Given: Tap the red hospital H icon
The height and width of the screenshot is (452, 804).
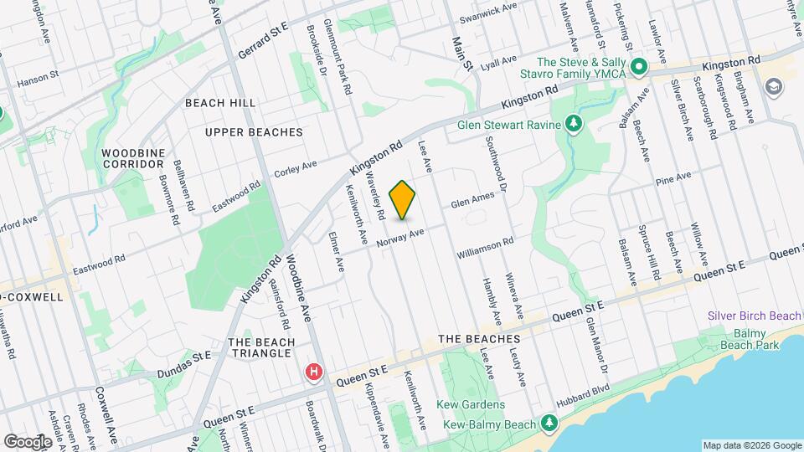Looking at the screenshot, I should click(315, 371).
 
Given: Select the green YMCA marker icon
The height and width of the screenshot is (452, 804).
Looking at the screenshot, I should click(638, 66).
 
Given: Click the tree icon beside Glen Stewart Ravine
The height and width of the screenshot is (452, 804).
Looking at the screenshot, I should click(574, 126).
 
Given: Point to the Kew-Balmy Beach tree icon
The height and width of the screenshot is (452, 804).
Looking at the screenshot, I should click(549, 424).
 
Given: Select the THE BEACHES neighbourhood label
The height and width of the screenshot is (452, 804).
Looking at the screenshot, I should click(479, 339).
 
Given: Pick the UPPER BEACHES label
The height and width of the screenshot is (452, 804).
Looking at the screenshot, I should click(254, 132).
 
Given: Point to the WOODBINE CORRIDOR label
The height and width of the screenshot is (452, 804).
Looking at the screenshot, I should click(132, 159).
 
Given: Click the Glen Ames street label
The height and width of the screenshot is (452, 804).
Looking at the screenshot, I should click(472, 202).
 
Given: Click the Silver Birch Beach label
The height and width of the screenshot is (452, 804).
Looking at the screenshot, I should click(754, 316).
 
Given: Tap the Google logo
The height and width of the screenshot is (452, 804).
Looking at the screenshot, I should click(28, 441).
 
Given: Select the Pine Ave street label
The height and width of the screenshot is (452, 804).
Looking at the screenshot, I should click(673, 177).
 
